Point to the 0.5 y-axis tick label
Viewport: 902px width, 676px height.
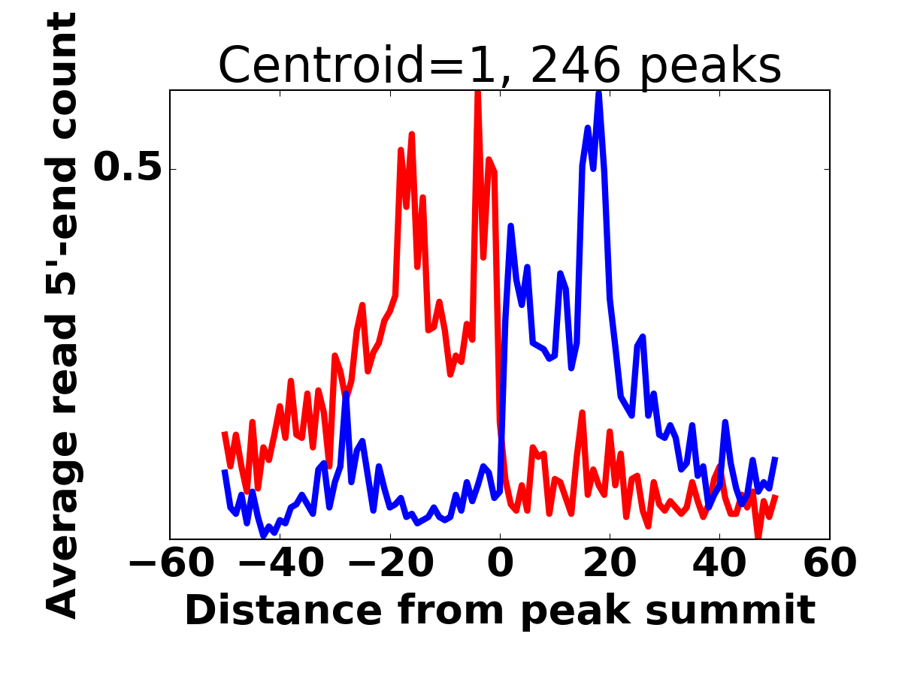[128, 169]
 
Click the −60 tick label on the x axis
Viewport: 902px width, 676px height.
[170, 564]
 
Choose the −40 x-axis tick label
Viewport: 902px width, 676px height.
[280, 564]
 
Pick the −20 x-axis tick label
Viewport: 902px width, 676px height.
[389, 564]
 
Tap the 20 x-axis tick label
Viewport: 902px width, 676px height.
[610, 564]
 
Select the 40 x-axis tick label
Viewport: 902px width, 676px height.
[720, 564]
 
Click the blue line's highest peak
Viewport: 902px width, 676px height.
[599, 93]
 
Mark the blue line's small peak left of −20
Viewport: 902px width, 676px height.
[346, 394]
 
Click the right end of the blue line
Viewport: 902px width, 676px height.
[776, 457]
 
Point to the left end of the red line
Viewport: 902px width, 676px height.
[224, 432]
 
